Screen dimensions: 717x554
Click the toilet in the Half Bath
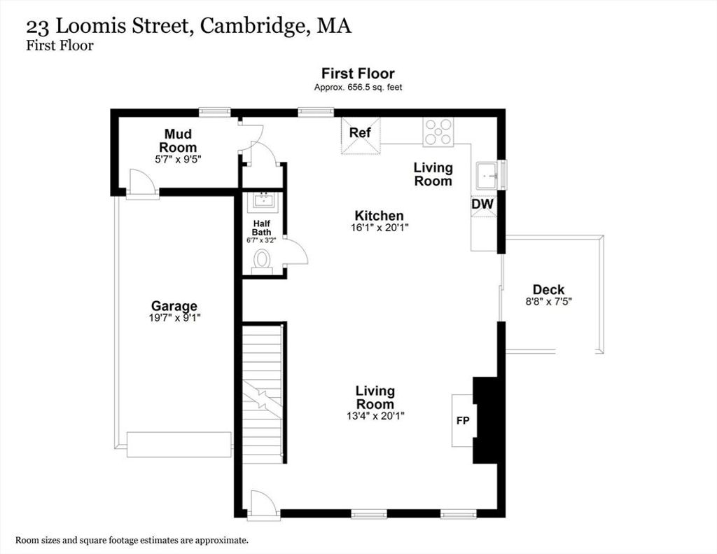262,262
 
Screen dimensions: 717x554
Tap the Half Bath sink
263,201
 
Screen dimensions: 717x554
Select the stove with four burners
438,132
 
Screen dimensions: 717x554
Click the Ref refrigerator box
361,136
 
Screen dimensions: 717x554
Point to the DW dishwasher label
482,204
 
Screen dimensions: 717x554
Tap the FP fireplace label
463,420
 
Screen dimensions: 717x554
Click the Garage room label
174,305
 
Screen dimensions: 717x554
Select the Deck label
548,289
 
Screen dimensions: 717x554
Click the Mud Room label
178,141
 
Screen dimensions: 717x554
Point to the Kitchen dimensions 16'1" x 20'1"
379,228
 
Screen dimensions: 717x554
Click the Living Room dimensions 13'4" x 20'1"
375,416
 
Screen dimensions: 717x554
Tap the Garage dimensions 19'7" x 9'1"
174,317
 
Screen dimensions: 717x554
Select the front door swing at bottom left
263,505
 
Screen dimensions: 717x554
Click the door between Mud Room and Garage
142,184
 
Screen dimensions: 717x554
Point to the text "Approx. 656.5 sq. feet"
358,88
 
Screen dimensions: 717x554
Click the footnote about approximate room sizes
132,540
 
